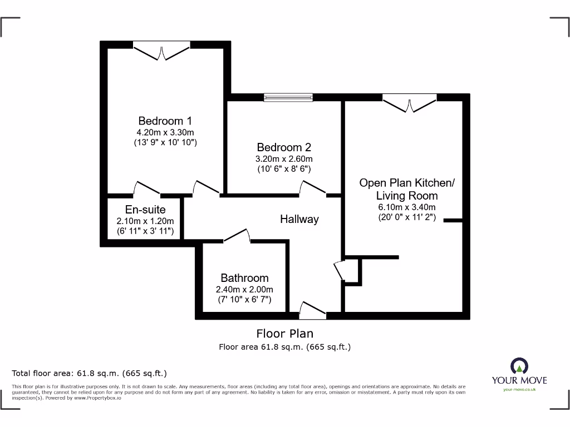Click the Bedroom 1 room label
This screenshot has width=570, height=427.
[x=165, y=121]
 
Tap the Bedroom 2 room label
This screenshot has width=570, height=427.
[x=284, y=147]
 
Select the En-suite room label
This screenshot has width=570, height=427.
[x=145, y=210]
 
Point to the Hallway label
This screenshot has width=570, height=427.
[x=299, y=219]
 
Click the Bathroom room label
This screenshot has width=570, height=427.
[x=244, y=278]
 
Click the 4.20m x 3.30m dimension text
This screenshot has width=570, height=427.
[x=165, y=132]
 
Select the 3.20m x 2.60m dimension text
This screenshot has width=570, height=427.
[x=284, y=158]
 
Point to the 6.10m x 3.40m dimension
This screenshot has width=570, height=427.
[x=407, y=207]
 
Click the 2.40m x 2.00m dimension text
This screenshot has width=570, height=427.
[x=244, y=290]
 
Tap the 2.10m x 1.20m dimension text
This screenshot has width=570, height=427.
[x=145, y=221]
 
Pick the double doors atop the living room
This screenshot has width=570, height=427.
[x=409, y=103]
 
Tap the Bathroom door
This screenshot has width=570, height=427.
[x=237, y=236]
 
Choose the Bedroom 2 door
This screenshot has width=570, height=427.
[x=313, y=189]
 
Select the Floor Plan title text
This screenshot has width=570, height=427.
[x=284, y=334]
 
